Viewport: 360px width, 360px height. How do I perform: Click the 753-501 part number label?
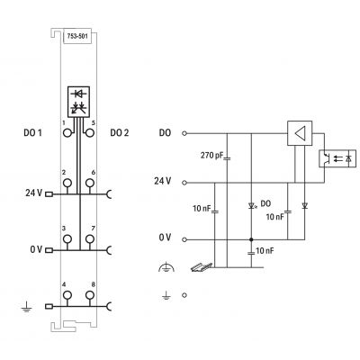pos(77,36)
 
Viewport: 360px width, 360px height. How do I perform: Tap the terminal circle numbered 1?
pos(67,132)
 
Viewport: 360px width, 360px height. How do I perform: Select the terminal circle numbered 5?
pos(90,132)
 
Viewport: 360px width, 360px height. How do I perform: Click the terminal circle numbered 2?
pos(67,183)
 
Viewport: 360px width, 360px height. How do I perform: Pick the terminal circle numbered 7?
pos(90,239)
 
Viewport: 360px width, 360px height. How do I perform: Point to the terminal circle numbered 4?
pos(67,295)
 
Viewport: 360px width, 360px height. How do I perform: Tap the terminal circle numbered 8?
pos(90,295)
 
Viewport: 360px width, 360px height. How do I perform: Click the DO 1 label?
pos(32,132)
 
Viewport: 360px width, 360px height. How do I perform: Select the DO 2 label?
pos(120,132)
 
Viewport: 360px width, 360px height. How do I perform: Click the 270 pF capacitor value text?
pos(211,156)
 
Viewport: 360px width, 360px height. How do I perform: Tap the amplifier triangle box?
pos(300,133)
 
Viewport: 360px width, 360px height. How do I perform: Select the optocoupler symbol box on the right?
pos(337,158)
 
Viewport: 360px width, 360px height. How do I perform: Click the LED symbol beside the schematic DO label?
pos(251,206)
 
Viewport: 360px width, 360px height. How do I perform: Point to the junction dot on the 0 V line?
pos(251,239)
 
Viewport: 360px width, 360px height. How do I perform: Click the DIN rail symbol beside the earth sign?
pos(202,267)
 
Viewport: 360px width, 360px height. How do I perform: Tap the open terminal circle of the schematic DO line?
pos(184,133)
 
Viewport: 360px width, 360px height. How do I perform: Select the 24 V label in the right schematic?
pos(163,181)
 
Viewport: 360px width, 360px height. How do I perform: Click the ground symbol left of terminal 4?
pos(27,307)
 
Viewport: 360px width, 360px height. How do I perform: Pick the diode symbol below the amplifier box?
pos(305,206)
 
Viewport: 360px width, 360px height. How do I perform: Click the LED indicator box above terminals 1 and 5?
pos(78,102)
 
